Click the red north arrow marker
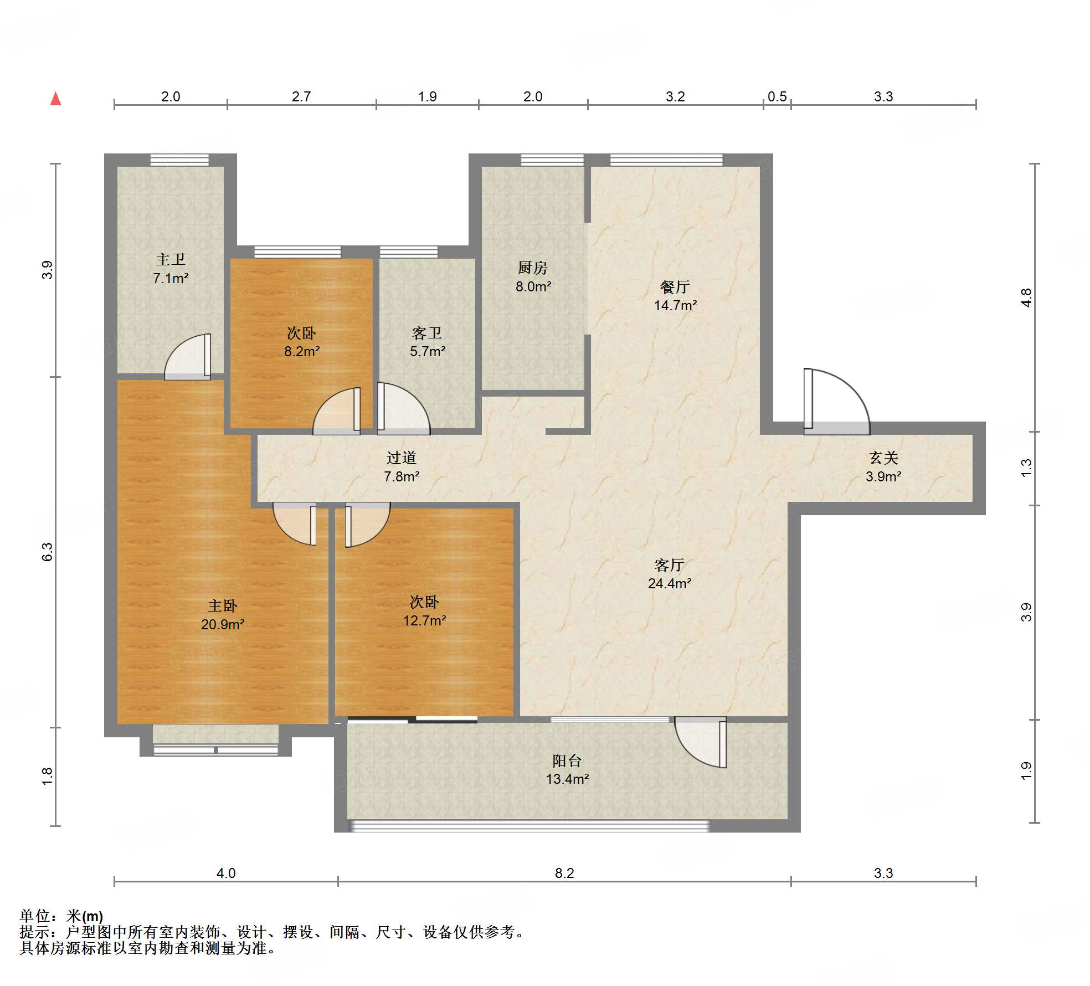[55, 99]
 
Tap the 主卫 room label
[171, 259]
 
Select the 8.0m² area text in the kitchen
[533, 286]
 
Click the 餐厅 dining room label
[675, 286]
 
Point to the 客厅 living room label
[670, 564]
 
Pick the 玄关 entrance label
[883, 458]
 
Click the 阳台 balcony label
[567, 761]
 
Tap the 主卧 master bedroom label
[223, 605]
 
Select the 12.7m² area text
[425, 620]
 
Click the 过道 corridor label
[402, 458]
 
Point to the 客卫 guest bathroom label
[427, 332]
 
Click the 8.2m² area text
[302, 351]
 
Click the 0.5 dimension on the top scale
[777, 96]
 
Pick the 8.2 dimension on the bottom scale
[564, 873]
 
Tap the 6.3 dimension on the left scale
[48, 552]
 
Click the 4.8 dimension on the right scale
[1026, 298]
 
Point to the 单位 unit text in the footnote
[34, 916]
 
